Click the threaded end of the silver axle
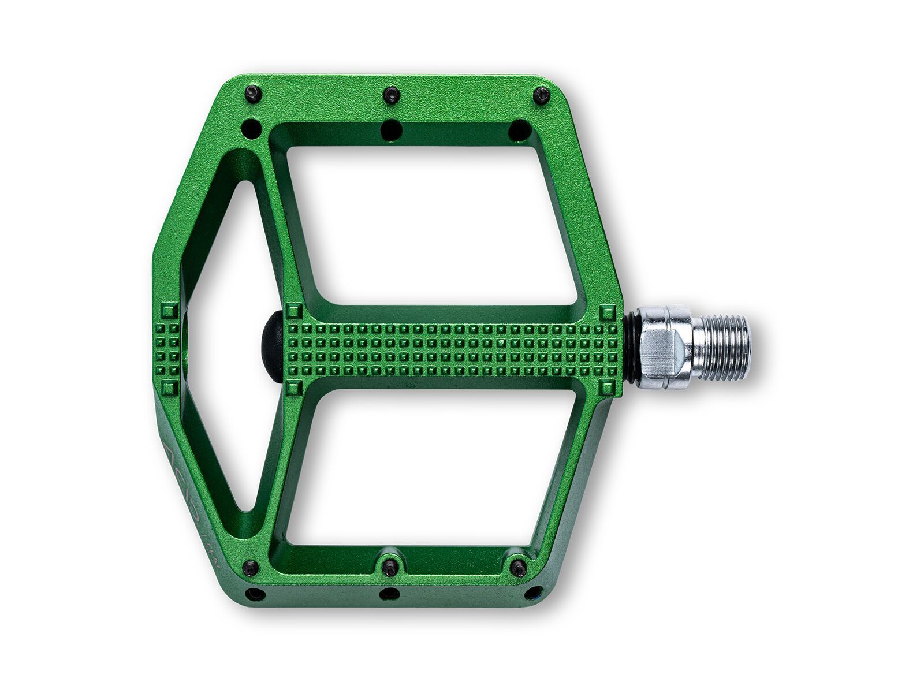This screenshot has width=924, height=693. pos(725,348)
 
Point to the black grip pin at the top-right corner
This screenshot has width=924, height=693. pos(542,95)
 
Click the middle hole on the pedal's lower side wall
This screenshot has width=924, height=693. pos(389,593)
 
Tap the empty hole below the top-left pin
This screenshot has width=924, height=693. pos(251,126)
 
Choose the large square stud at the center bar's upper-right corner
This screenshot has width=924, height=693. pos(608,314)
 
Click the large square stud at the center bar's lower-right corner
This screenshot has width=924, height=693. pos(608,385)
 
